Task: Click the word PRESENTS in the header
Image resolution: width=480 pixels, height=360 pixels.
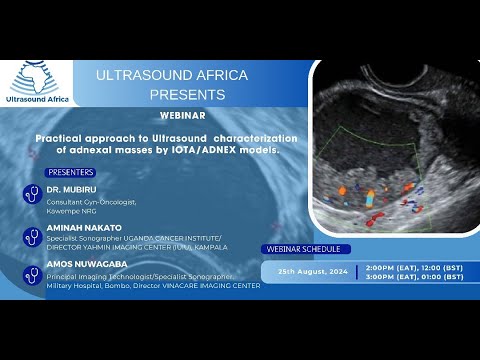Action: (x=187, y=94)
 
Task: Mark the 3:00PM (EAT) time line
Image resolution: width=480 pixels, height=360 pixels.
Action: (x=415, y=279)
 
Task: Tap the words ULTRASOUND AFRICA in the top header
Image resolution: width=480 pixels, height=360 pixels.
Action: (x=172, y=76)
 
